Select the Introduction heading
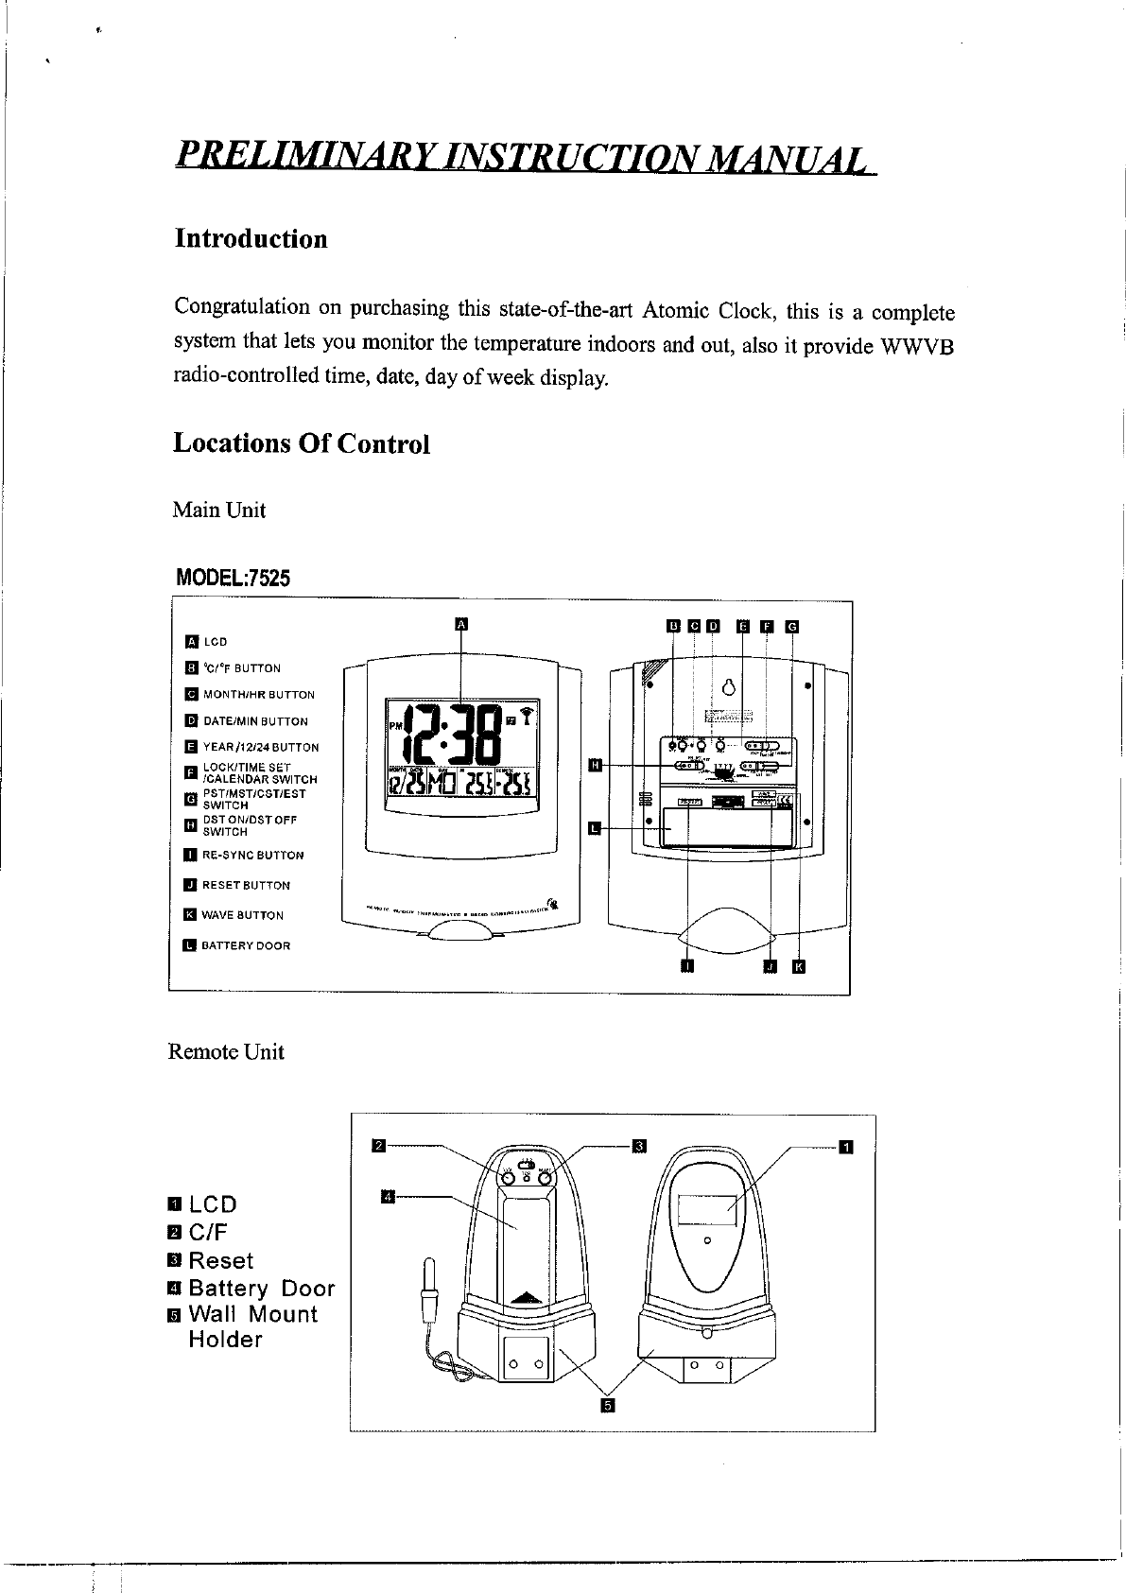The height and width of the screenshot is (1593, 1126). click(251, 238)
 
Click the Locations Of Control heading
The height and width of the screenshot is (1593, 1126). click(301, 443)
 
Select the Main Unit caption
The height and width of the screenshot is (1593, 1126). click(218, 511)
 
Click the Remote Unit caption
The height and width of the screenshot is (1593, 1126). click(225, 1052)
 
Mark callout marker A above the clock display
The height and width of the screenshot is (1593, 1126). click(461, 623)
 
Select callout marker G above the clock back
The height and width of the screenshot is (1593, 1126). click(792, 625)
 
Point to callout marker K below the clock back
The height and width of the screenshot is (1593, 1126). click(798, 965)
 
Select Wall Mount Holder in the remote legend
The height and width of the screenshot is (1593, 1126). click(252, 1326)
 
